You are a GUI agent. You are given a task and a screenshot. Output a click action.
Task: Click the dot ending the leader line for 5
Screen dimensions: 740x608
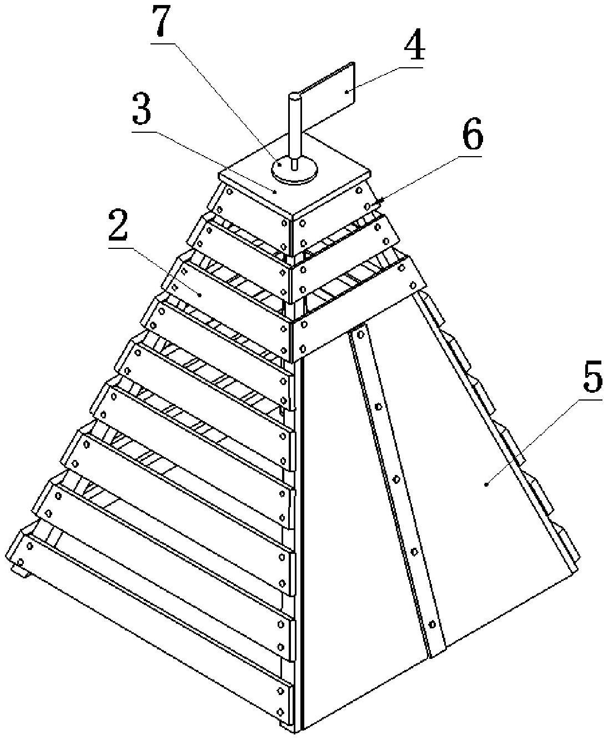point(487,484)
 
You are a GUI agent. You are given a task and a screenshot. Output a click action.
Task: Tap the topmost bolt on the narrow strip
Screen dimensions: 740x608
point(359,334)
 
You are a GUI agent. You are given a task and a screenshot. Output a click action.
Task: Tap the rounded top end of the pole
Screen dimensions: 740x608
point(294,97)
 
